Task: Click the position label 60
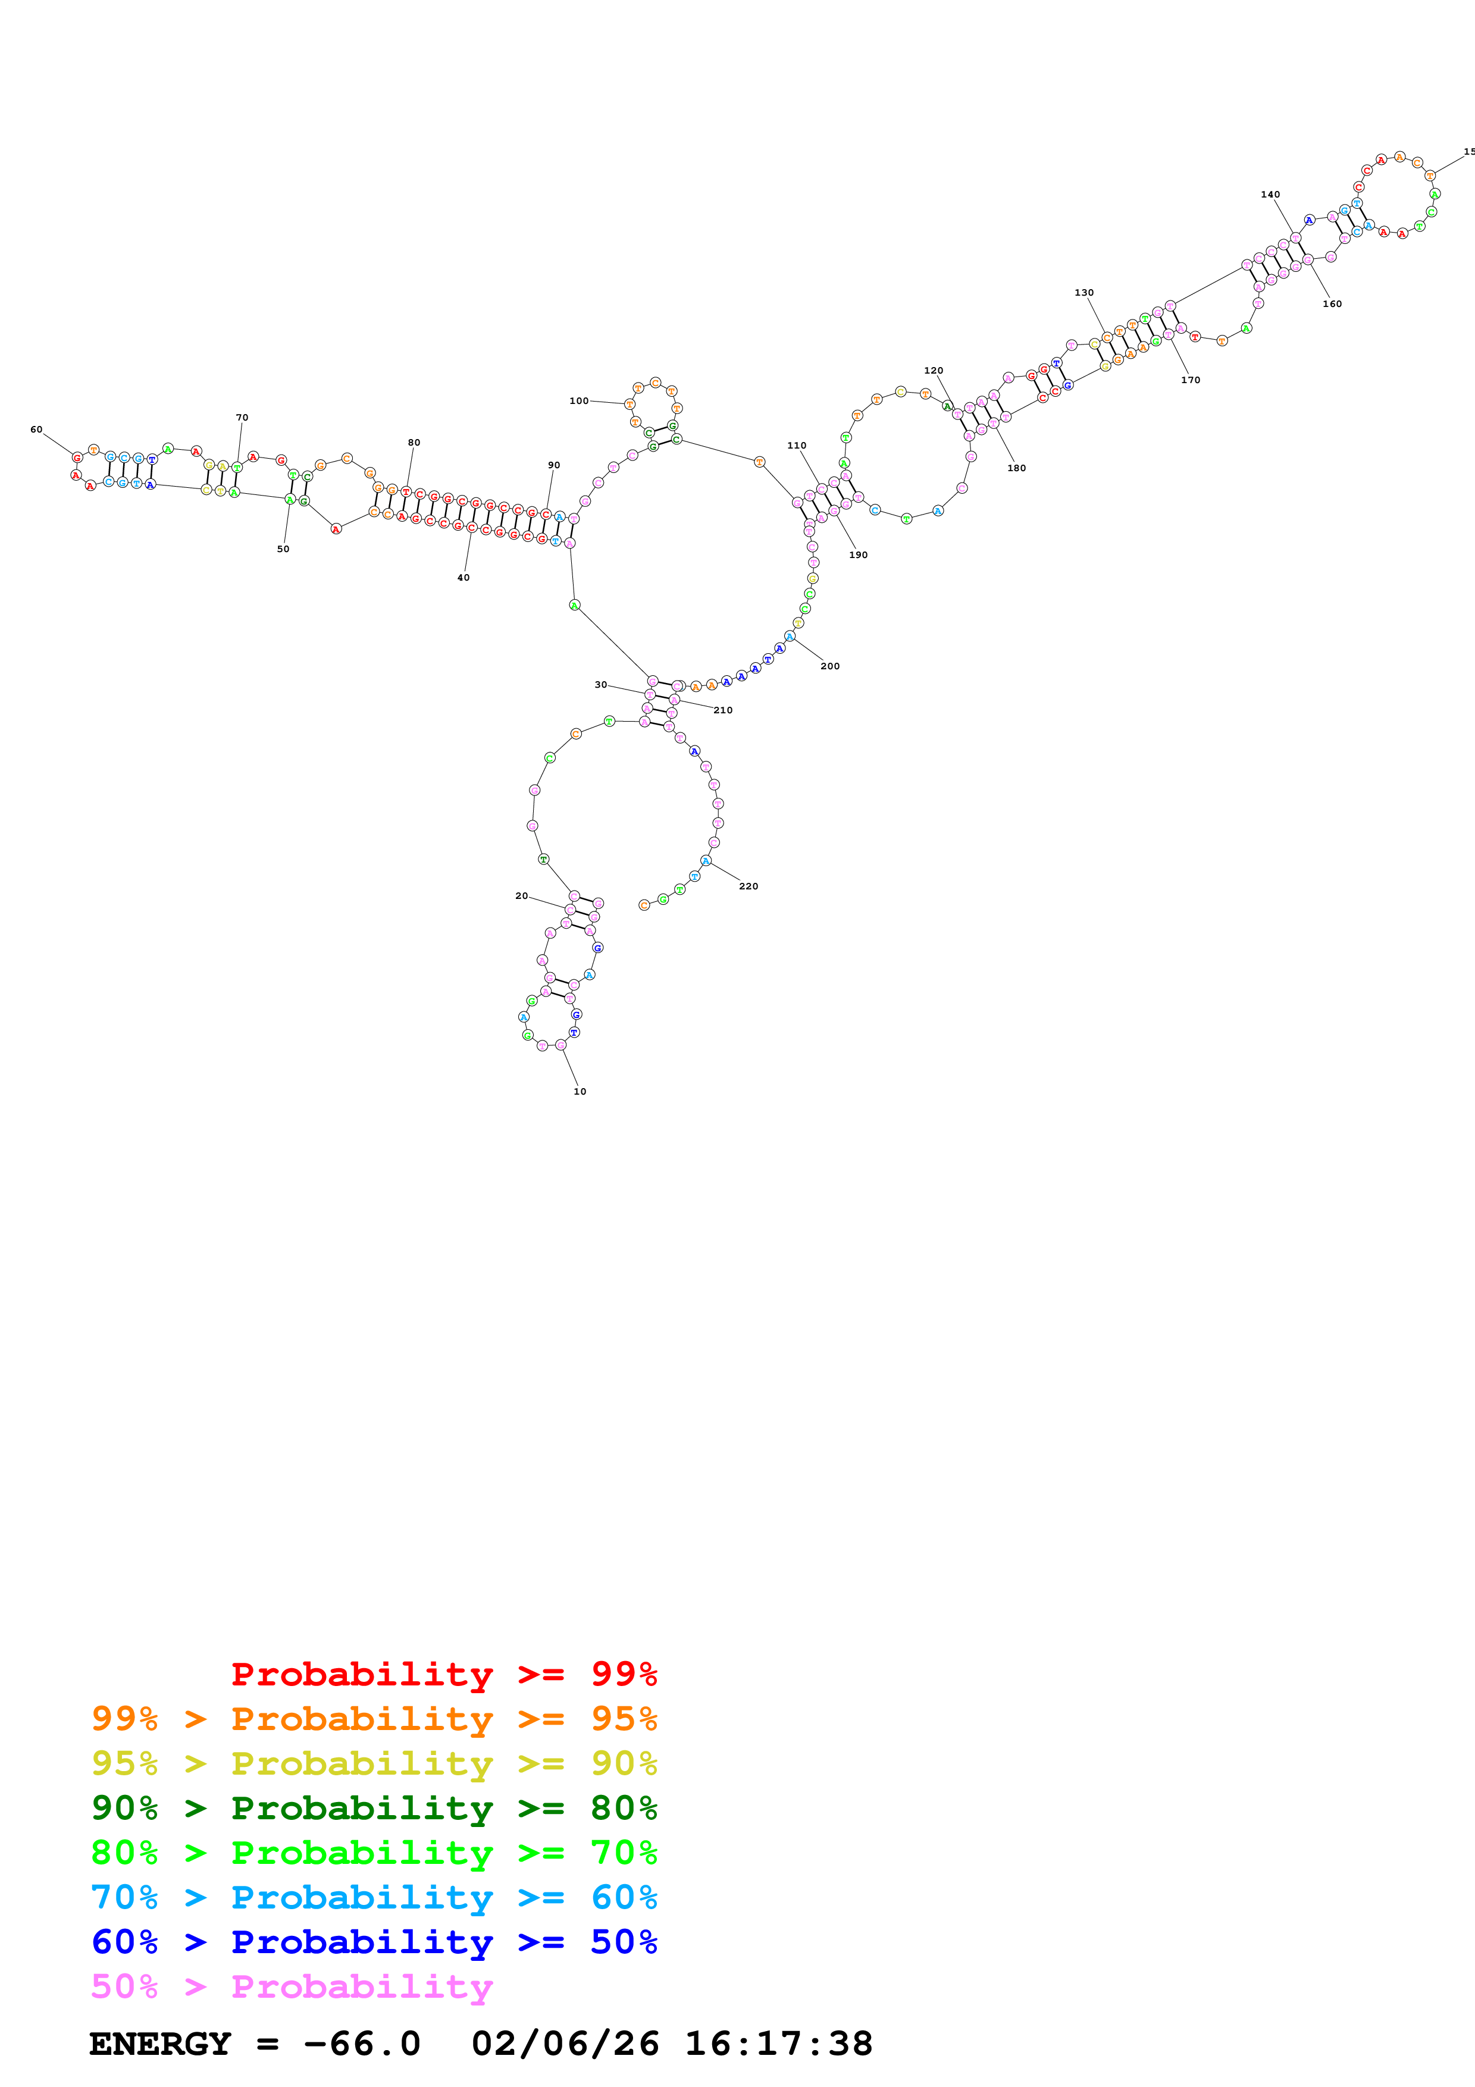[x=36, y=429]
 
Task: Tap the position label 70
[x=242, y=417]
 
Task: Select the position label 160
[x=1332, y=303]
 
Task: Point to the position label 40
[x=464, y=577]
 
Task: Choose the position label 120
[x=934, y=371]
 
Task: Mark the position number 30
[x=601, y=684]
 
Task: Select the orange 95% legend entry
[x=374, y=1718]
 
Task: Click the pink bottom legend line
[x=292, y=1986]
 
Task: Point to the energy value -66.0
[x=362, y=2044]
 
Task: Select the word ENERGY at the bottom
[x=160, y=2044]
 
